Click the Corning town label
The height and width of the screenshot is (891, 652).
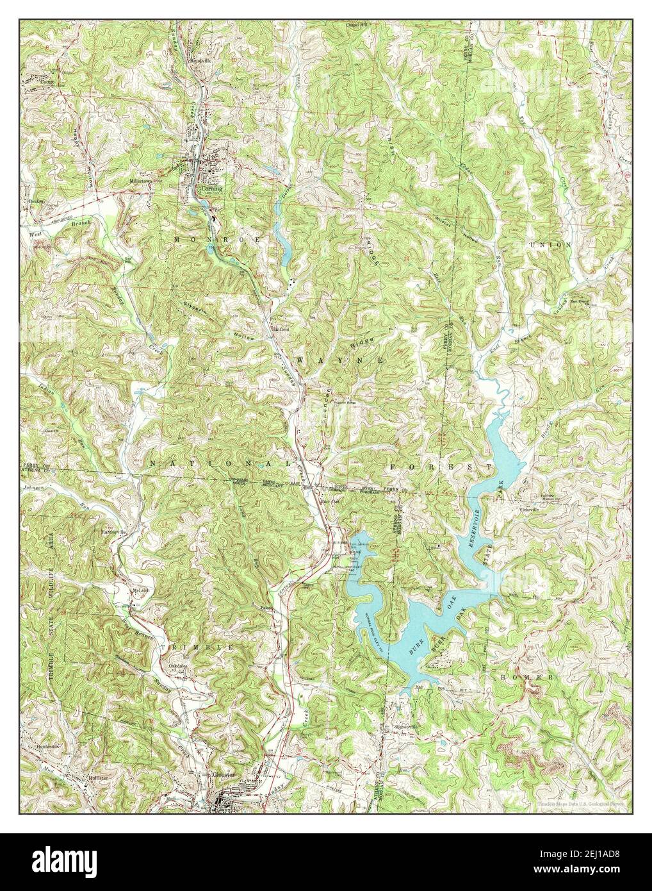pos(211,189)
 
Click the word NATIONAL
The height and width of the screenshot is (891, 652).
pos(222,462)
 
